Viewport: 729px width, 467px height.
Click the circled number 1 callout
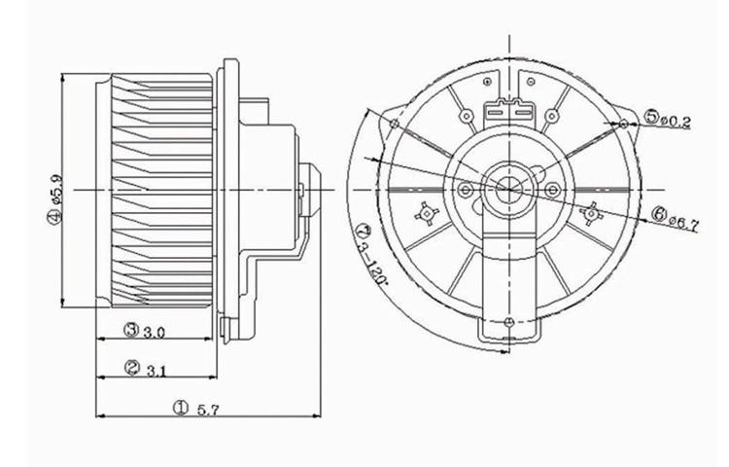179,409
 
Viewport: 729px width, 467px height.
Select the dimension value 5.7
207,411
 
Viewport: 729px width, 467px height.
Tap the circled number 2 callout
132,368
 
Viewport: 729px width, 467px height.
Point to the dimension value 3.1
156,370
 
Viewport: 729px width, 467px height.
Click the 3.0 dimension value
154,333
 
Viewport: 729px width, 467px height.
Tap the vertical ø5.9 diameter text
56,190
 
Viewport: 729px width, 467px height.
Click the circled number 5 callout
649,119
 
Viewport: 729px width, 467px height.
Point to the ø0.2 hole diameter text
675,121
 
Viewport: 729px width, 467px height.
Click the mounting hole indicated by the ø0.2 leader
620,124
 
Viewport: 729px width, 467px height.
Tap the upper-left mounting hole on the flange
393,124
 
